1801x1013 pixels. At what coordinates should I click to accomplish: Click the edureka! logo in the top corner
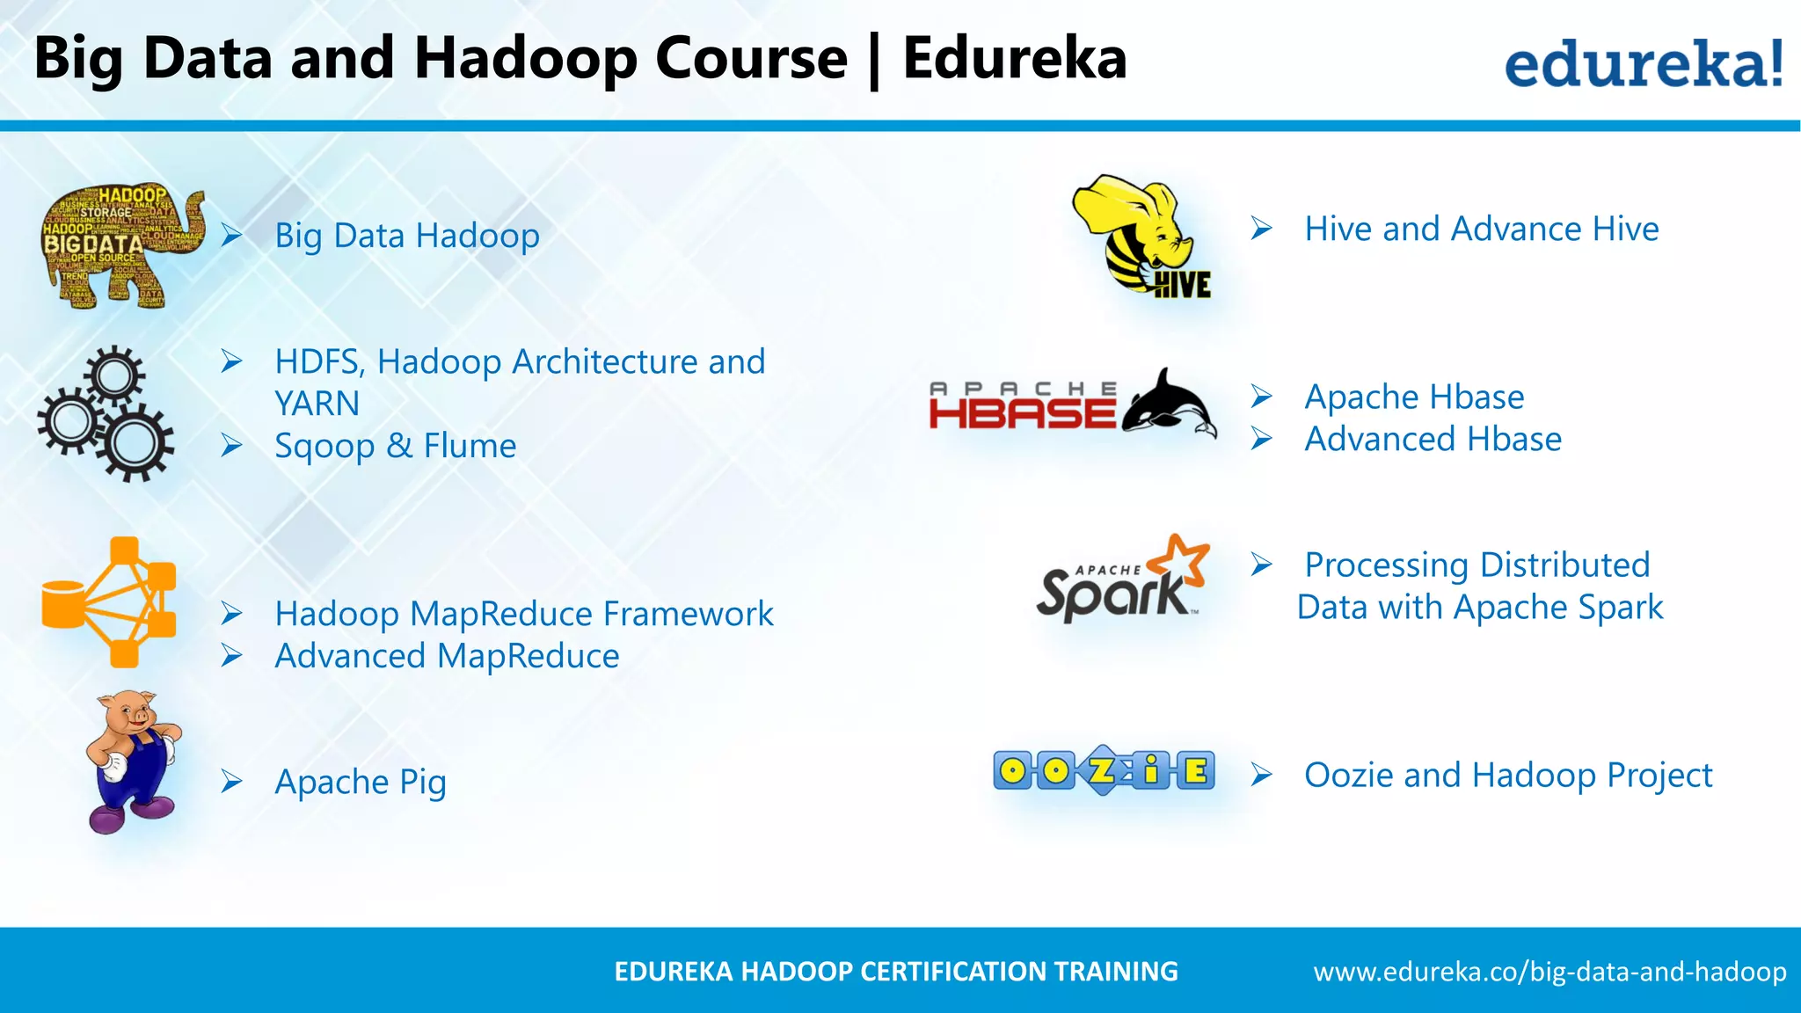(1643, 63)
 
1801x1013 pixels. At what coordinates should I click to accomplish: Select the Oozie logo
(1104, 771)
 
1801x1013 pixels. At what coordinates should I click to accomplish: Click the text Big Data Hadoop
(407, 236)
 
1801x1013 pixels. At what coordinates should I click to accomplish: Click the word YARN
(317, 404)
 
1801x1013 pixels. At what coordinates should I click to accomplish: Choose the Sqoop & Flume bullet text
(395, 446)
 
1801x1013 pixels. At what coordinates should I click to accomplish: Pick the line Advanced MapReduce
(447, 656)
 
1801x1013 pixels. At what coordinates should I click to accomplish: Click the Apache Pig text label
(361, 782)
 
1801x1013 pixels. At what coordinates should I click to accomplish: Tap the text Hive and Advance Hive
(1481, 230)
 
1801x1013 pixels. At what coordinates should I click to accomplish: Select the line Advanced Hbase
(1433, 439)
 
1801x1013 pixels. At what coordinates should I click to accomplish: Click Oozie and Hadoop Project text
(1507, 776)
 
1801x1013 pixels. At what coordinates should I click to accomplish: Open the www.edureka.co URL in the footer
(1549, 972)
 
